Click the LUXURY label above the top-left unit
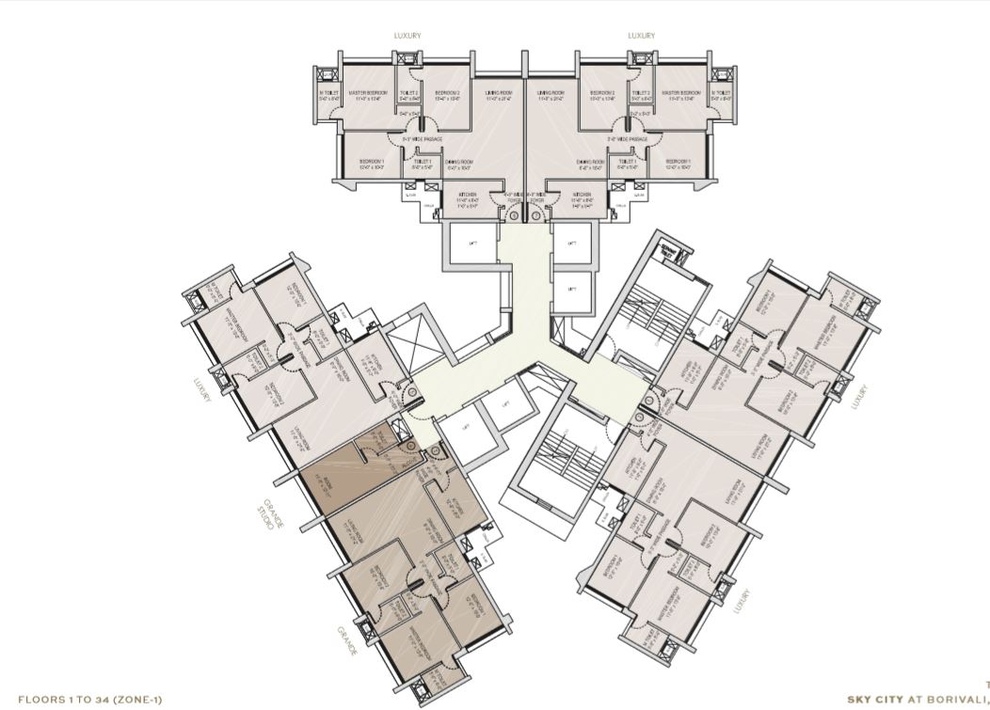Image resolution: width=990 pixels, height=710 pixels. tap(407, 36)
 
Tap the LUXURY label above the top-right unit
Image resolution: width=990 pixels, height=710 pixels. tap(641, 36)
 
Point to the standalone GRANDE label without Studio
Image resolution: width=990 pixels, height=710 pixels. tap(347, 639)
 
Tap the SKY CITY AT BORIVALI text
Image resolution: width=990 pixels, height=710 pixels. tap(918, 700)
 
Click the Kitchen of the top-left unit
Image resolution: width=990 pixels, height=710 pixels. tap(468, 198)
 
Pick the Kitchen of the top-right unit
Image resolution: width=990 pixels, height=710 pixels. tap(583, 198)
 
